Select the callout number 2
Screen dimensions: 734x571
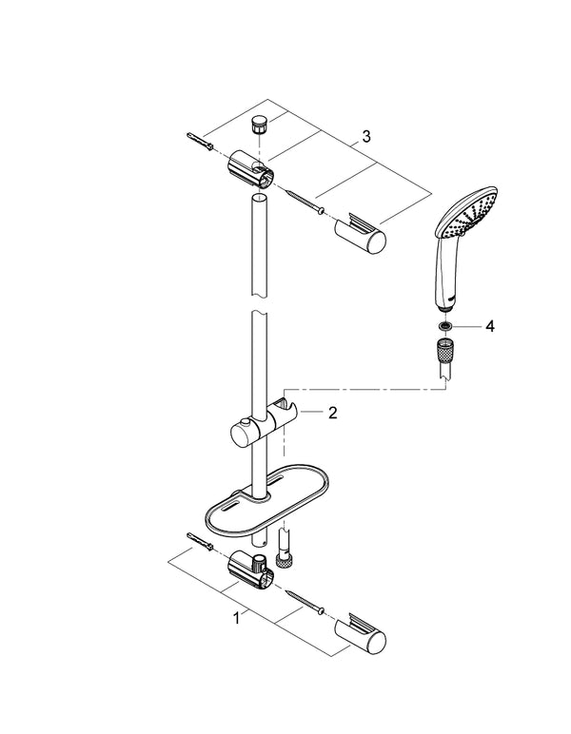(332, 413)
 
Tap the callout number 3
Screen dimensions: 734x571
(364, 137)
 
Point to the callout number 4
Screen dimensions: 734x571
(490, 326)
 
